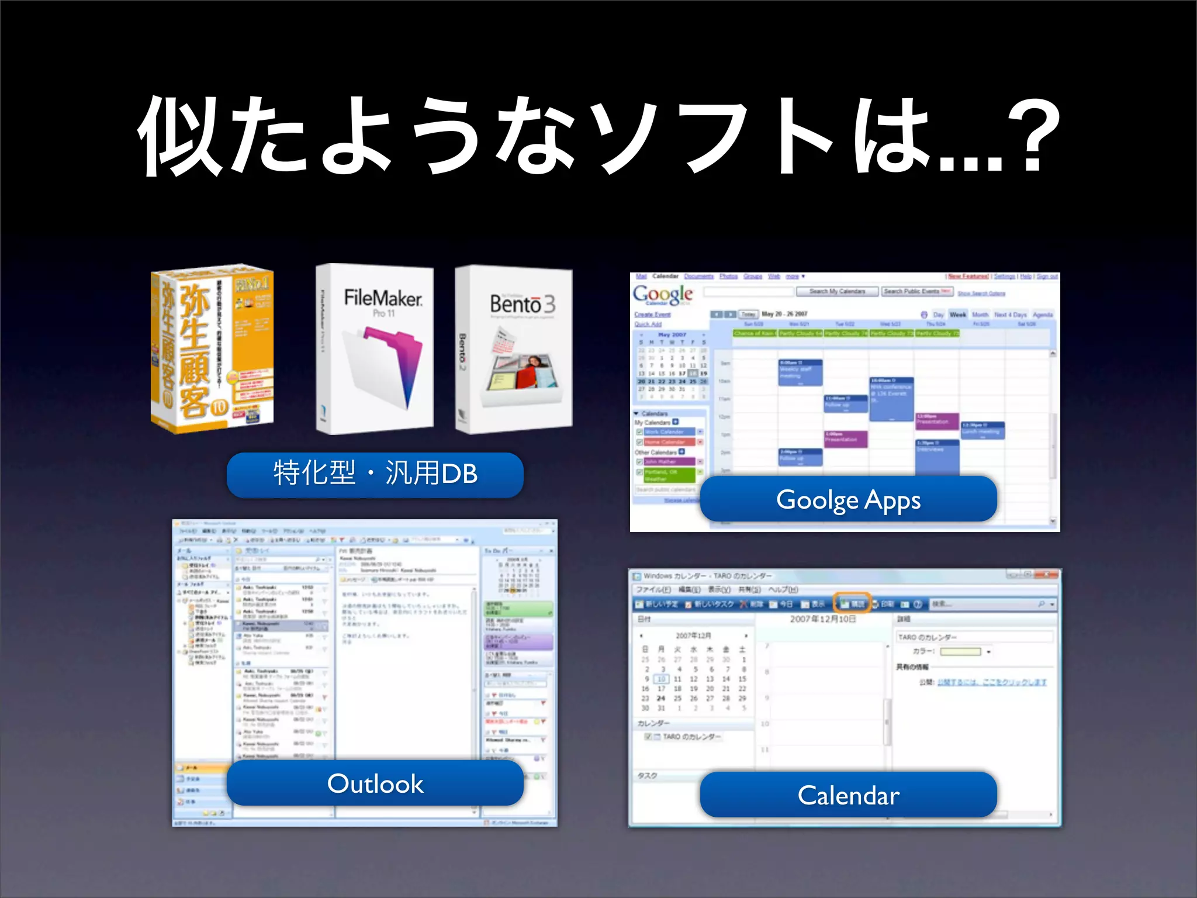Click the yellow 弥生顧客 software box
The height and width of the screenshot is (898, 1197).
point(212,348)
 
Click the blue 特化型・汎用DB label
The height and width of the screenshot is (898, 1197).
point(375,474)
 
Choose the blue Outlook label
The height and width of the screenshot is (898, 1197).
point(375,783)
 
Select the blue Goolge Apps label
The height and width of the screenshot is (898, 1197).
point(848,499)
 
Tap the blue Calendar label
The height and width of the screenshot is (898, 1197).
point(848,795)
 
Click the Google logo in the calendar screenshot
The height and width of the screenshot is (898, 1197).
point(663,293)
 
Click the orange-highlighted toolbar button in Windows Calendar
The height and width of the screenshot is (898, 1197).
point(852,603)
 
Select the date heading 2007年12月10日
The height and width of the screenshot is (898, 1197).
point(822,619)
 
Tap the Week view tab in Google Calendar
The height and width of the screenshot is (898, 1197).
point(958,315)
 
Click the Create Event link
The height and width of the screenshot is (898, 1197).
point(652,315)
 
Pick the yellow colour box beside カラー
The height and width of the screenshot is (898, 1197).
point(960,651)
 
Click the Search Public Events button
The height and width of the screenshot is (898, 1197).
point(916,291)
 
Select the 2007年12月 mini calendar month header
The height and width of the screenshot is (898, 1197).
point(693,635)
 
